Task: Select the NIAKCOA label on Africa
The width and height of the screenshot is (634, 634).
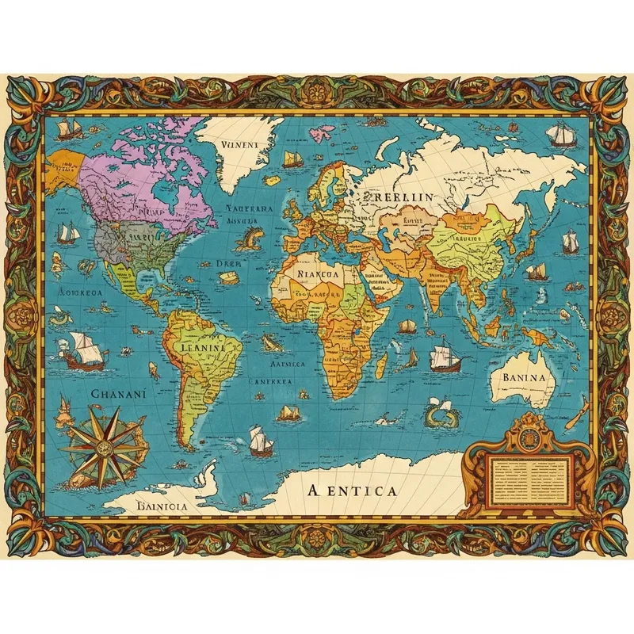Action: (x=316, y=273)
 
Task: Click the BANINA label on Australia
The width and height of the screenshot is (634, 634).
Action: (x=523, y=377)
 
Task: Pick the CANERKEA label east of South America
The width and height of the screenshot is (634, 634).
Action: (x=271, y=381)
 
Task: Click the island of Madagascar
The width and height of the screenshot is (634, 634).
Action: (x=381, y=365)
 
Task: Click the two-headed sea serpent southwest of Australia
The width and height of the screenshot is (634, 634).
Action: (x=439, y=413)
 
